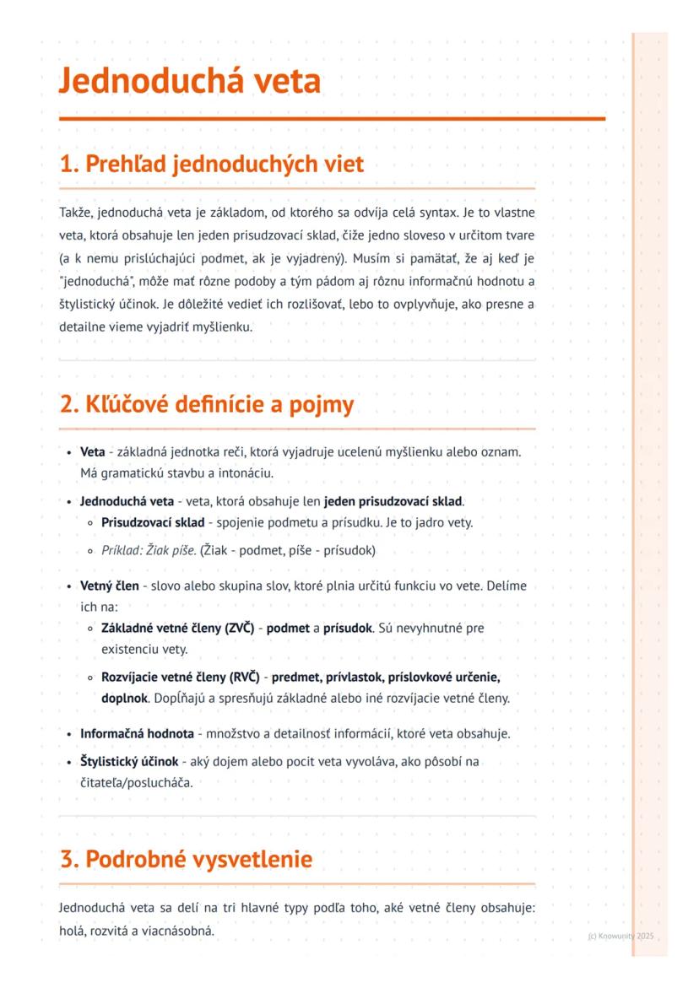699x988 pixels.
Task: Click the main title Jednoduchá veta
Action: point(190,83)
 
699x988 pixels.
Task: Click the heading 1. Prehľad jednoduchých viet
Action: point(212,164)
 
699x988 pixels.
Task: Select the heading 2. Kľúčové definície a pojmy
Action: point(207,405)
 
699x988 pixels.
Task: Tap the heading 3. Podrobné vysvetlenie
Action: point(186,859)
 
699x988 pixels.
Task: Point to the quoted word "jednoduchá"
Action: point(97,280)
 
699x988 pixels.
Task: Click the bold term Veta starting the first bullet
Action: point(93,452)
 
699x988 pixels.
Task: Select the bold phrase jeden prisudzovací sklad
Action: point(393,501)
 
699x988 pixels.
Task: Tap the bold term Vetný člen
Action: point(110,586)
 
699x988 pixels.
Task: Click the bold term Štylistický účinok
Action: point(129,762)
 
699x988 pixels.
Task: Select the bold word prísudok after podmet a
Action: point(348,628)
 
